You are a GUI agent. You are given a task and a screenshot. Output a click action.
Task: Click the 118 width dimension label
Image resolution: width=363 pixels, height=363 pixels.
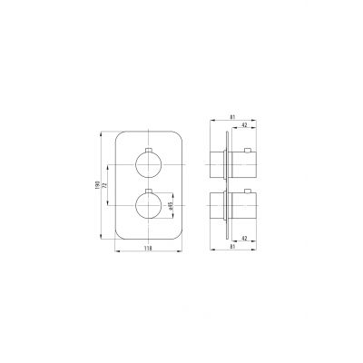click(x=148, y=248)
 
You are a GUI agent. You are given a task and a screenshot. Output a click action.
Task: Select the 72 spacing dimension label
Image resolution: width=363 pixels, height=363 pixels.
click(x=104, y=185)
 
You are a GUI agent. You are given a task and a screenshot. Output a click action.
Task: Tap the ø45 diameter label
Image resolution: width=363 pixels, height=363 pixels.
click(x=171, y=206)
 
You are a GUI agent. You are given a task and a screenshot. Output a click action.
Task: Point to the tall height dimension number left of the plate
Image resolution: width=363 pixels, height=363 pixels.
click(x=98, y=184)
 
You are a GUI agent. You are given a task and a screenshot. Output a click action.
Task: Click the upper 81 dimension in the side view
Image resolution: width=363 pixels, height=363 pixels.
click(x=232, y=116)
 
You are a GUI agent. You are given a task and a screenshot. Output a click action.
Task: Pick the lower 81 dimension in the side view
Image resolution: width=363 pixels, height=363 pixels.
click(x=232, y=247)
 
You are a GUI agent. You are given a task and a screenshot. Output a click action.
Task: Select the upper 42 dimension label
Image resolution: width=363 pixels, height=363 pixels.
click(x=244, y=124)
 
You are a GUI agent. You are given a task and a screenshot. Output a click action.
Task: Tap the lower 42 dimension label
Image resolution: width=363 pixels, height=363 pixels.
click(x=244, y=239)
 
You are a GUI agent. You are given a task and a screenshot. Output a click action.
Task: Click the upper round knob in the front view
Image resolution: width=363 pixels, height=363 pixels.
click(x=148, y=164)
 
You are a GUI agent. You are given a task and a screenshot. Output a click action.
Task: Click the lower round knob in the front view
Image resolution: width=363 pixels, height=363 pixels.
click(x=148, y=205)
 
